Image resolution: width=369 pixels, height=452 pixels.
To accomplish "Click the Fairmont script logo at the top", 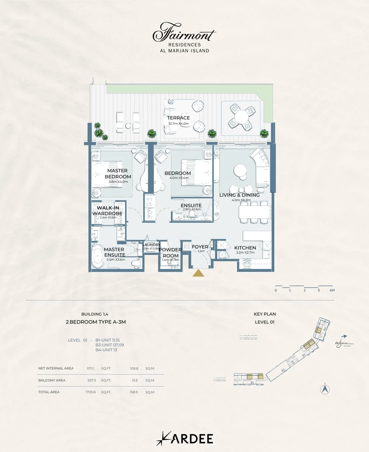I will tap(184, 32).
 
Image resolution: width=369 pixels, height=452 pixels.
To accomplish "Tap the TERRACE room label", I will tap(178, 118).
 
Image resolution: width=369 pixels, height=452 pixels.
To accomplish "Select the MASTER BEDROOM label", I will tap(118, 174).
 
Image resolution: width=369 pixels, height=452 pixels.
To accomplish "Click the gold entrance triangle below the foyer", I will tap(198, 273).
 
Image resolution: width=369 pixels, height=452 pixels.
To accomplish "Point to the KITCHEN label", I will tap(245, 248).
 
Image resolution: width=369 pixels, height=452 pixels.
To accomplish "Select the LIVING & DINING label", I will tap(239, 195).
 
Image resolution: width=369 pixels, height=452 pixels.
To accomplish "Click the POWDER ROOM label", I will tap(170, 253).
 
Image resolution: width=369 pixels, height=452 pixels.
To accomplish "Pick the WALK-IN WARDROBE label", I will tap(108, 211).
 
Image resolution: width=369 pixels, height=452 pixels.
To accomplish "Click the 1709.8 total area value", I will tap(91, 392).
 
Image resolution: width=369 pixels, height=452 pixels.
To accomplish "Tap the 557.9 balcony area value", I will tap(91, 380).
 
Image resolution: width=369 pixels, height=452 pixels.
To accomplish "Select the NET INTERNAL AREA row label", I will tap(56, 368).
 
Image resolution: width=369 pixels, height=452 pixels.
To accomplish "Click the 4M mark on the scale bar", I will tap(332, 290).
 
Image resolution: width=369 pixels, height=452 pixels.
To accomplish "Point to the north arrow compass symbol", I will tap(325, 389).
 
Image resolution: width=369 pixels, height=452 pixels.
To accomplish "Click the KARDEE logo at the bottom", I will tap(185, 439).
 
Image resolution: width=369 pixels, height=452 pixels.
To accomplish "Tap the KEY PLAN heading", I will tap(265, 314).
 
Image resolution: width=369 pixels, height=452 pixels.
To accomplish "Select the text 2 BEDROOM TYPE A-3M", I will tap(96, 322).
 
